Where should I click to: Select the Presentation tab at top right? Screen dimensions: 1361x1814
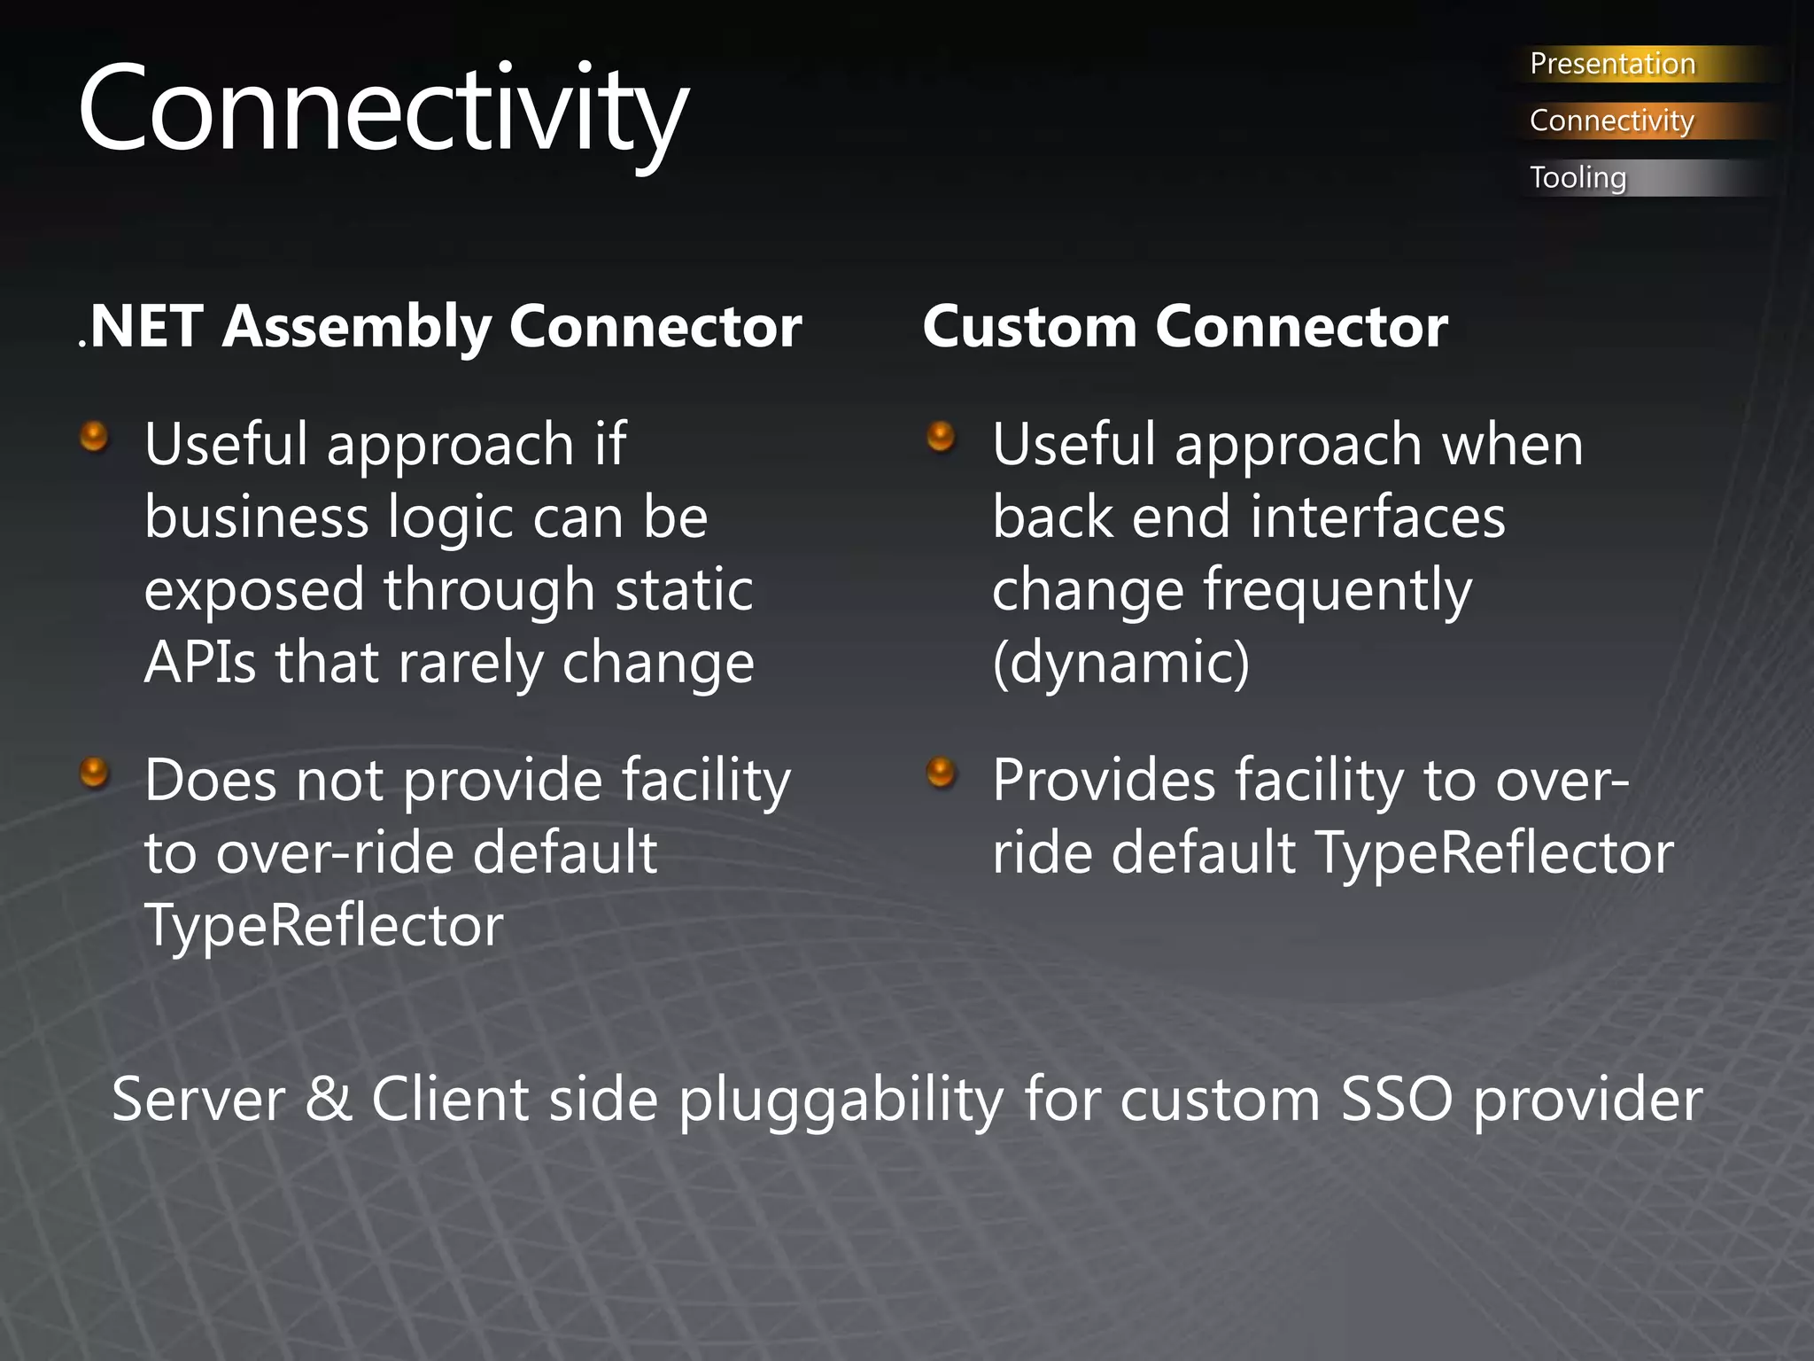coord(1611,64)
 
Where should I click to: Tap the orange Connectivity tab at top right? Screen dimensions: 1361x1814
coord(1611,121)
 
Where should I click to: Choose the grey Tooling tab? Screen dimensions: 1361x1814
coord(1578,177)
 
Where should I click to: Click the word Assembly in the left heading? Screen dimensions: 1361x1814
coord(356,328)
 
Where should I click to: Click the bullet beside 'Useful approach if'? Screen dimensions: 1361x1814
coord(94,437)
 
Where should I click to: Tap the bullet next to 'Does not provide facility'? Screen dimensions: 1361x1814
coord(94,773)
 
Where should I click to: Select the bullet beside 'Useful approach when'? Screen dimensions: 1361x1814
coord(941,437)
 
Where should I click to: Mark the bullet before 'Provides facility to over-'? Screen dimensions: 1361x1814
coord(941,773)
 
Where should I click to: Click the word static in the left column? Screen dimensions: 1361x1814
coord(684,590)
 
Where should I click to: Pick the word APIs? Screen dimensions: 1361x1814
coord(200,663)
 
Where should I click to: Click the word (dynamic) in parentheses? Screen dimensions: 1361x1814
coord(1120,663)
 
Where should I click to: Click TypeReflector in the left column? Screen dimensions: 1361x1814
coord(323,926)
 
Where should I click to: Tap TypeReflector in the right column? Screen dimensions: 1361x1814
coord(1493,853)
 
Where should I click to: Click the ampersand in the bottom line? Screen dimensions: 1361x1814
coord(329,1100)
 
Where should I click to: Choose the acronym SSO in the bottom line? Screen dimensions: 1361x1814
coord(1397,1100)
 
